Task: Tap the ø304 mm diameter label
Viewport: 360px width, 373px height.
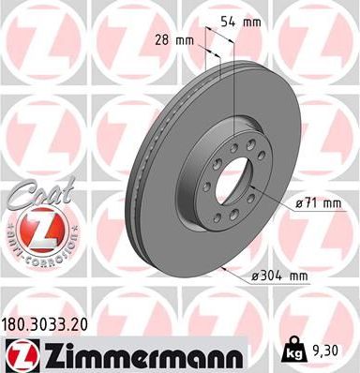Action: coord(281,276)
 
